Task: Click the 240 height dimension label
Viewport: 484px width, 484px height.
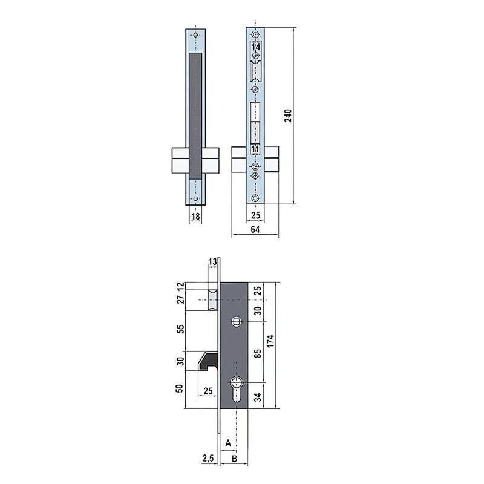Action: pos(289,116)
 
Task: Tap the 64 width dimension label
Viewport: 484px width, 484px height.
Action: pos(255,229)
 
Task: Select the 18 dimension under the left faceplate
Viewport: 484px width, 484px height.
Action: pos(195,215)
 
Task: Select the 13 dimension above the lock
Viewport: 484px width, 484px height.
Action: pos(212,261)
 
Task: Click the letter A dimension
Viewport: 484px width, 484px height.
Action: pos(228,443)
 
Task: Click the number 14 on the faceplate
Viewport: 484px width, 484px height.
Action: pos(256,47)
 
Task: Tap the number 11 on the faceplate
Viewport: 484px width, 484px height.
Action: pos(255,149)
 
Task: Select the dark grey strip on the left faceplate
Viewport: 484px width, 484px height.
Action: pos(195,115)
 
